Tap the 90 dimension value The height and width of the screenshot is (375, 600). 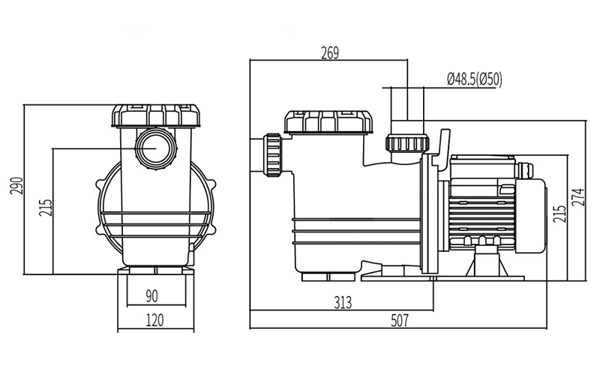coord(152,295)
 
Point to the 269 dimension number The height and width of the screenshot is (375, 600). coord(329,52)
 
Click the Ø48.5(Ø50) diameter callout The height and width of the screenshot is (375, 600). coord(474,77)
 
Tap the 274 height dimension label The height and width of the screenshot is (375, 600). coord(577,198)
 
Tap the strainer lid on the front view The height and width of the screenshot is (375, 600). coord(154,115)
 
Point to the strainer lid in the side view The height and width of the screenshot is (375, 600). coord(328,121)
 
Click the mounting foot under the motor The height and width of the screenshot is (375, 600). coord(484,259)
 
